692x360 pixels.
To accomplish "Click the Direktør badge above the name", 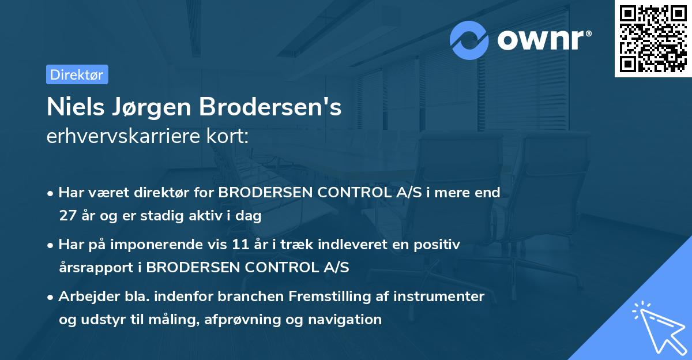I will click(77, 74).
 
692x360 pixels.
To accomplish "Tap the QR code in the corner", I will click(653, 39).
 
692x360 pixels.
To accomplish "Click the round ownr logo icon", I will click(469, 40).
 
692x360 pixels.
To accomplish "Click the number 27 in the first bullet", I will click(67, 216).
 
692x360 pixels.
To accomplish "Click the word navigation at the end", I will click(347, 319).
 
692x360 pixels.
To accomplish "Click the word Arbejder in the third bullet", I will click(84, 297).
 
